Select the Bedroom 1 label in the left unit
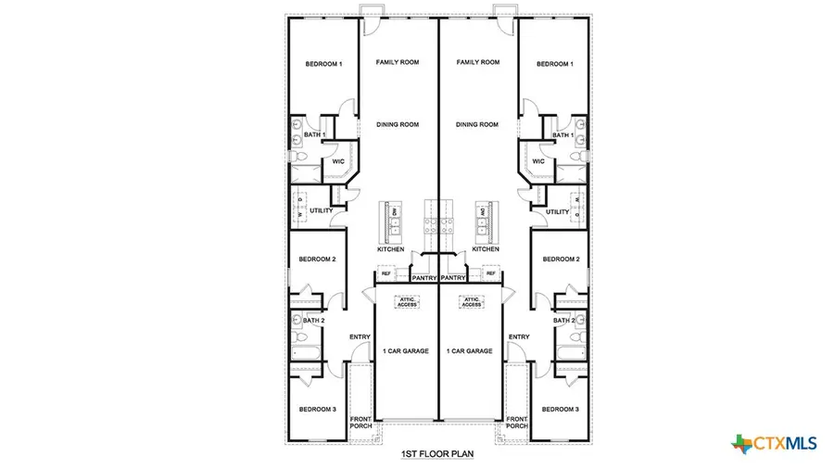point(324,64)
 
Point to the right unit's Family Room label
point(478,62)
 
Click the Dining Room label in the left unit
point(398,124)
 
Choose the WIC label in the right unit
point(538,161)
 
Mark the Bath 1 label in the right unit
point(562,136)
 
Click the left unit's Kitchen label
point(390,249)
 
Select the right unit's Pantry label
point(453,277)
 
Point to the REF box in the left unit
point(385,273)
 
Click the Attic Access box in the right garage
point(471,301)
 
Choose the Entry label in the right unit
point(519,336)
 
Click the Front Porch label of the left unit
point(360,424)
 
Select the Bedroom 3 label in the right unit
point(560,409)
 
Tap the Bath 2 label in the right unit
point(563,321)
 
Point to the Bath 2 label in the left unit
point(316,321)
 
